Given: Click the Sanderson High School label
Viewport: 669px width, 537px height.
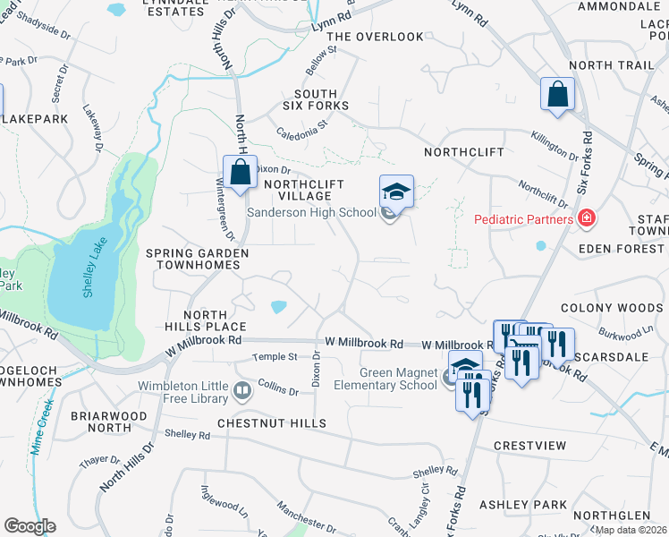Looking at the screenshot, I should [310, 212].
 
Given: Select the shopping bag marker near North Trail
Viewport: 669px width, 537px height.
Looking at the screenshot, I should [557, 95].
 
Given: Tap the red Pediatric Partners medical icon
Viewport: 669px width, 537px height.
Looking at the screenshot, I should [587, 217].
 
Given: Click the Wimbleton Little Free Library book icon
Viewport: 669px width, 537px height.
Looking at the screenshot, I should [241, 389].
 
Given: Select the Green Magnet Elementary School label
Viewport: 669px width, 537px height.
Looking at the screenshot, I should [398, 379].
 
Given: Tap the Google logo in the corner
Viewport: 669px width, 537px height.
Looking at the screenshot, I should [30, 525].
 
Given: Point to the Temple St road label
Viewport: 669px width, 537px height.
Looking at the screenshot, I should [275, 356].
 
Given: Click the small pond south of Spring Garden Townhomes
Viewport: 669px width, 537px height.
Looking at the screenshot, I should [277, 307].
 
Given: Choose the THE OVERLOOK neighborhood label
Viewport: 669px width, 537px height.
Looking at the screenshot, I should [375, 37].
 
